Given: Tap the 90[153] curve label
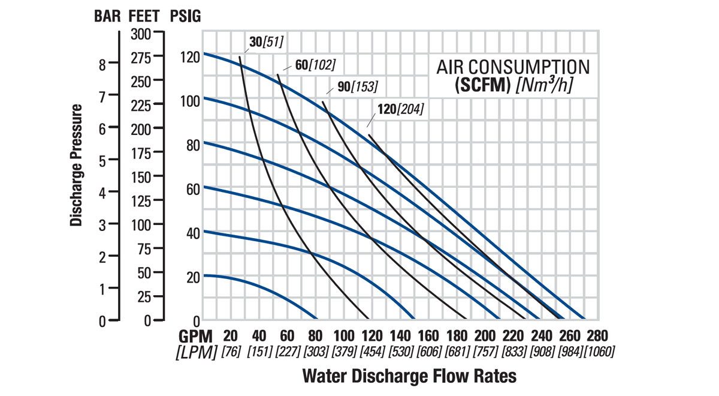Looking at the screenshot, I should (358, 86).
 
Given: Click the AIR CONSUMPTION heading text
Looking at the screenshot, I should (513, 67).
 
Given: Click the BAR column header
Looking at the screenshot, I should (108, 17).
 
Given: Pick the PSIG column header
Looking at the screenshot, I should (185, 17).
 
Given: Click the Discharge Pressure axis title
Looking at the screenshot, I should (76, 165).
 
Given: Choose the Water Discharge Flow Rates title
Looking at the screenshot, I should (409, 376).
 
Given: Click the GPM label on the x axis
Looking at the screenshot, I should (195, 335).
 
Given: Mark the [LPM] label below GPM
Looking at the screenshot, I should (196, 352).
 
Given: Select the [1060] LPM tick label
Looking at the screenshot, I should (599, 352).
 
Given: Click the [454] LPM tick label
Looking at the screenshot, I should (373, 352).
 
